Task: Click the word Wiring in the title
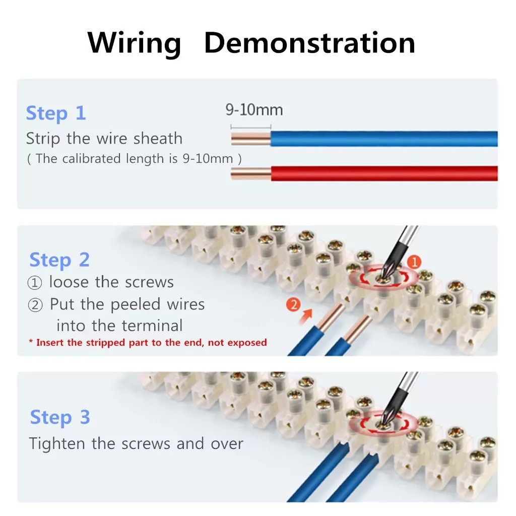point(134,43)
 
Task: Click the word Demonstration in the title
point(310,42)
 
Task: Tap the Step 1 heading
point(56,113)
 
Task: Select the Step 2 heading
point(59,260)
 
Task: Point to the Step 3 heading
point(60,417)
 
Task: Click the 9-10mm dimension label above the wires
point(254,109)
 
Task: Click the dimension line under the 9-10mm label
point(251,126)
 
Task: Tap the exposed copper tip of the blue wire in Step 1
point(251,139)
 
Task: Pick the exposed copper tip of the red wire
point(251,173)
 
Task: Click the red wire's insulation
point(384,173)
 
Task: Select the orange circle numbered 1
point(414,262)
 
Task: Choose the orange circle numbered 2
point(293,304)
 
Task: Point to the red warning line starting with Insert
point(148,343)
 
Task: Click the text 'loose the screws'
point(111,282)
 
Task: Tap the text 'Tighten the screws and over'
point(136,443)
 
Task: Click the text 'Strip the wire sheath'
point(104,138)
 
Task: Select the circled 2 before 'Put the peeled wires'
point(35,305)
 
